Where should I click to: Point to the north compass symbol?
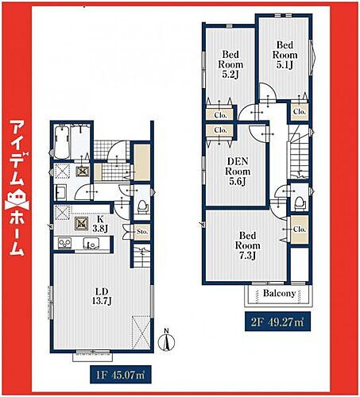(x=165, y=341)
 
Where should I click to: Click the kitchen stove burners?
(x=81, y=223)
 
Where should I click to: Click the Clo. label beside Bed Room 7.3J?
(x=298, y=230)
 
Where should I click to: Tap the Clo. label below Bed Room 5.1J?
(x=298, y=113)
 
